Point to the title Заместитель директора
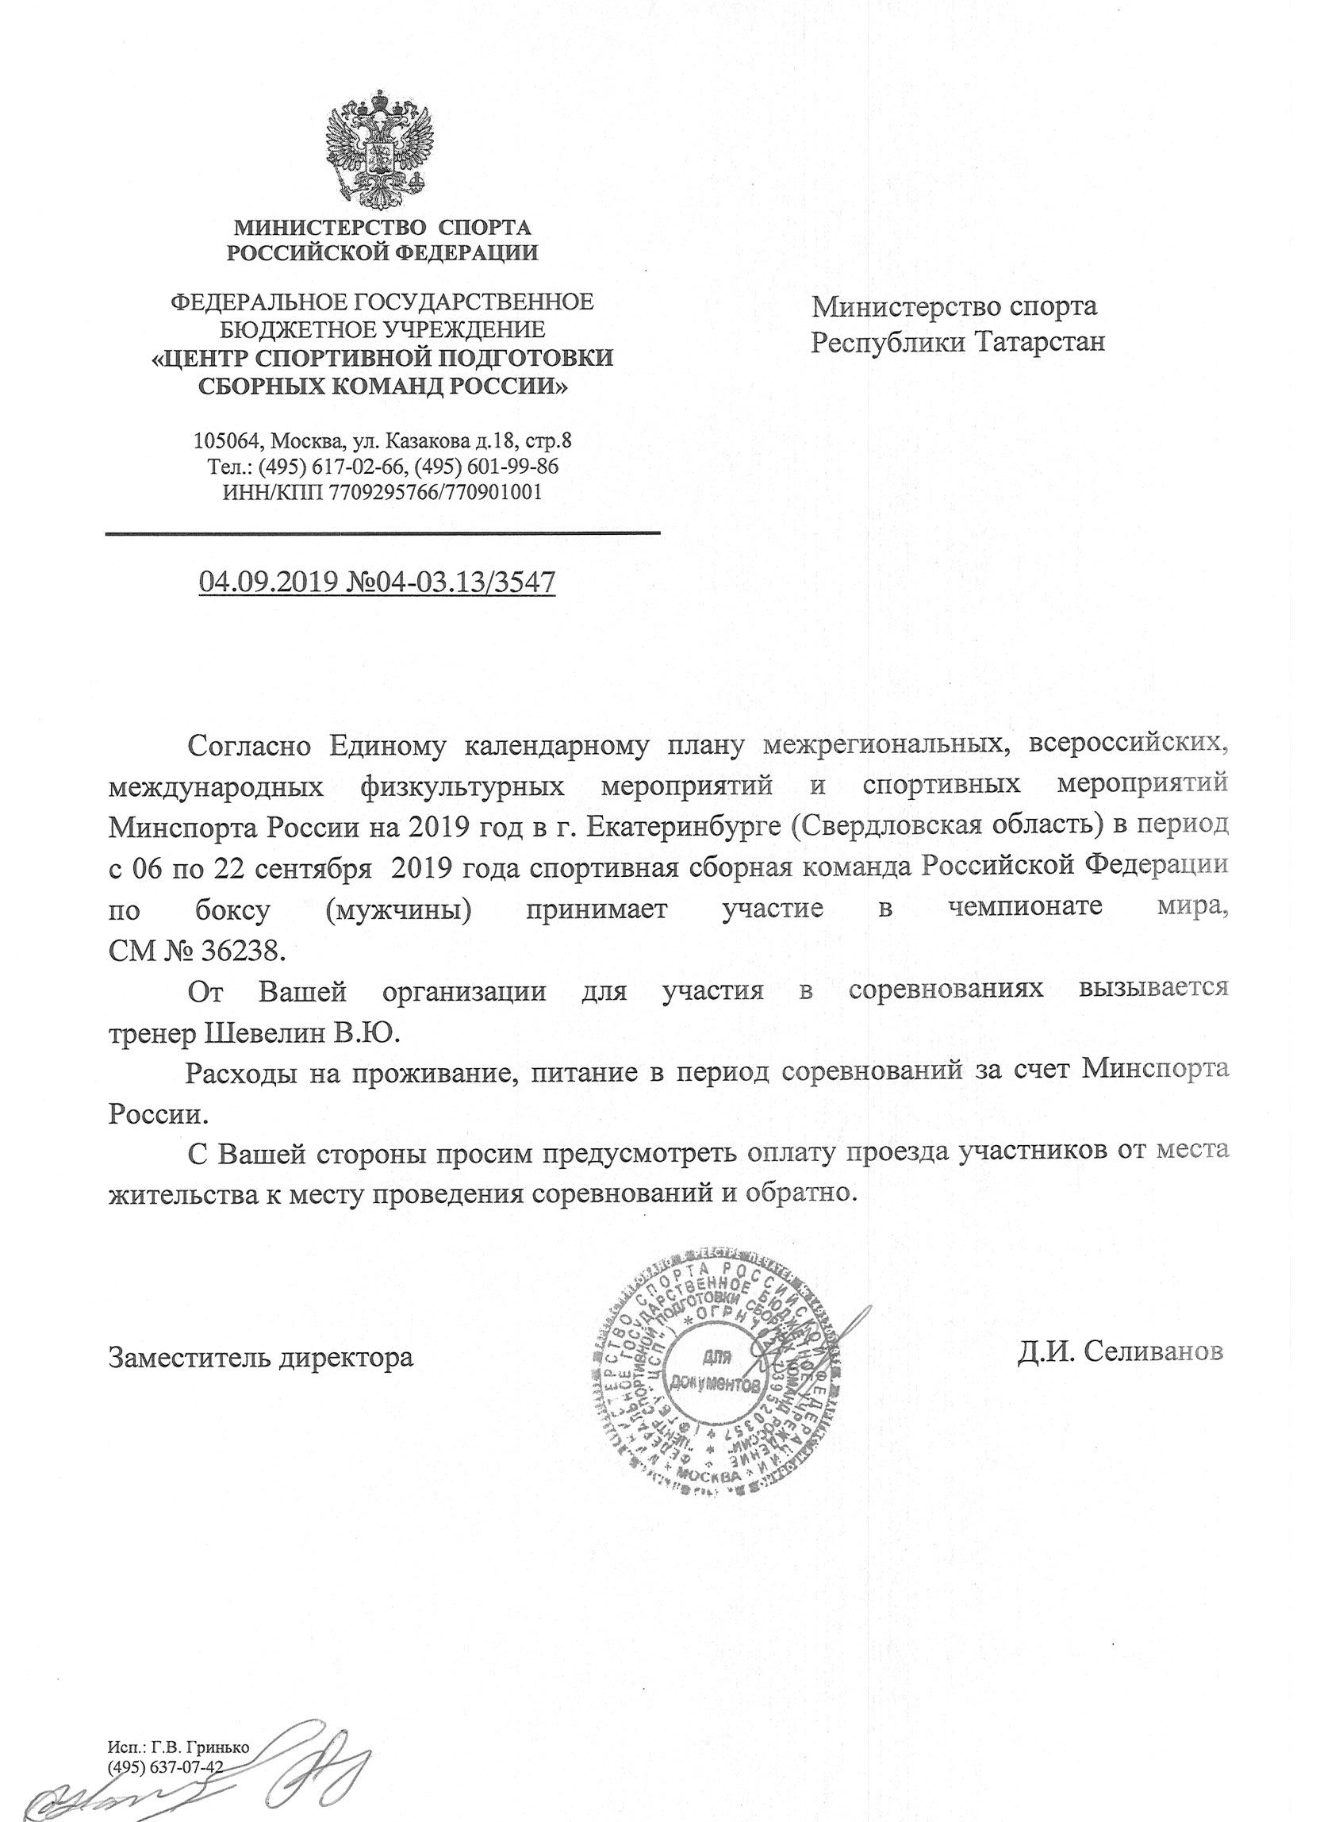[262, 1359]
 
